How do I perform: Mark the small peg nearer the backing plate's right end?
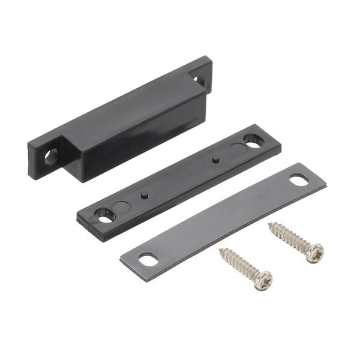(215, 160)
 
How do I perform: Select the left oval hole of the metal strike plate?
(148, 259)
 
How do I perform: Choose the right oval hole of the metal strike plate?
(298, 178)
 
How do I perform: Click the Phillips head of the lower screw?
(262, 280)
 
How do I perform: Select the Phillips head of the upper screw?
(314, 253)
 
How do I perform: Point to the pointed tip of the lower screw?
(220, 250)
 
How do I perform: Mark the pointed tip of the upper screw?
(269, 225)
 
